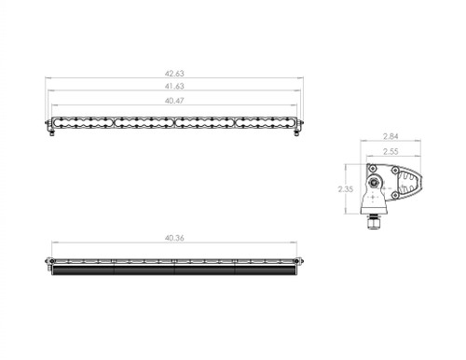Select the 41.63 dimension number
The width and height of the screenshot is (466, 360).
(174, 88)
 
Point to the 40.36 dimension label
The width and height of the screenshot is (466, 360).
(174, 239)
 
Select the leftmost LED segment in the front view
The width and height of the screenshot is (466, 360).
(81, 121)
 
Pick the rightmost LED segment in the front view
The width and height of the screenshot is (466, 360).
(267, 121)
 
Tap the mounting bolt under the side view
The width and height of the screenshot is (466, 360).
(373, 223)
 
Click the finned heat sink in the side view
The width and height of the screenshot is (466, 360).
(408, 184)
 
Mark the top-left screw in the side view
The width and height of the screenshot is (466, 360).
(372, 169)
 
